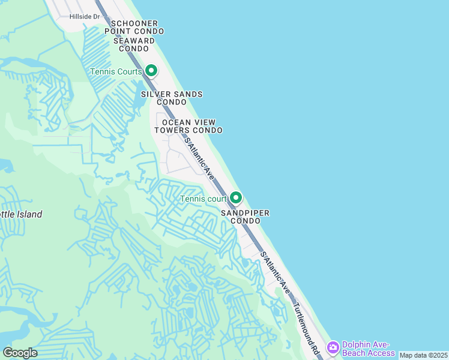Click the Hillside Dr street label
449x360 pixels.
pos(85,17)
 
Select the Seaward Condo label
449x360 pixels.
pos(133,44)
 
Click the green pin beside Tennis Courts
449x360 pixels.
pos(151,71)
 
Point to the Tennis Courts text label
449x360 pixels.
pos(116,71)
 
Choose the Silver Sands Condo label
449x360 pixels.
pos(172,98)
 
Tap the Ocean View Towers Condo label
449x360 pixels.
pos(188,126)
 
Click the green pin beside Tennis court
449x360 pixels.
pos(236,197)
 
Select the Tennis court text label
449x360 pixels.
pos(203,199)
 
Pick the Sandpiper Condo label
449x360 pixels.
pos(244,217)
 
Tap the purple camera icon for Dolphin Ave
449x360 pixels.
pos(333,347)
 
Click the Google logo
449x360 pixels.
pos(20,353)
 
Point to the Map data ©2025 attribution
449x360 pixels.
pos(423,355)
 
